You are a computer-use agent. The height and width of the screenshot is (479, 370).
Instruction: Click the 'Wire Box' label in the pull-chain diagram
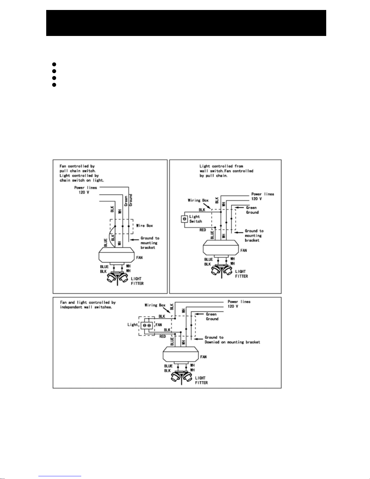[x=144, y=226]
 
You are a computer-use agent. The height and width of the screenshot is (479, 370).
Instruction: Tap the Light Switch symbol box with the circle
[x=185, y=219]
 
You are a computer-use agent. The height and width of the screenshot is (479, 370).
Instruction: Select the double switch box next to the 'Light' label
[x=147, y=325]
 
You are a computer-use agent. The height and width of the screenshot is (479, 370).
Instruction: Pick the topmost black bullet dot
[x=54, y=64]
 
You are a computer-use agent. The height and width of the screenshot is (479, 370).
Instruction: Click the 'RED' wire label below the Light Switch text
[x=203, y=230]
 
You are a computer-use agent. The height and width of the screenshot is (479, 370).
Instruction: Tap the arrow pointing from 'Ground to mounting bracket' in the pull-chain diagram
[x=135, y=240]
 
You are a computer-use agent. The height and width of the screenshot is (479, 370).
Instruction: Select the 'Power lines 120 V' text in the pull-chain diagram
[x=85, y=190]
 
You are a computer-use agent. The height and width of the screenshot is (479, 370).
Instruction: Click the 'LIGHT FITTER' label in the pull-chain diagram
[x=137, y=281]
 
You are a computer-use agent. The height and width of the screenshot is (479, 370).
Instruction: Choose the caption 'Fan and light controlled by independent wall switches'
[x=88, y=305]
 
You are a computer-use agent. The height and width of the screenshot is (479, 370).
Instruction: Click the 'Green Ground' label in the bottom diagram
[x=212, y=316]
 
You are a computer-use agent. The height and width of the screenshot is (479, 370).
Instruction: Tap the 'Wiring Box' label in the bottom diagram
[x=155, y=305]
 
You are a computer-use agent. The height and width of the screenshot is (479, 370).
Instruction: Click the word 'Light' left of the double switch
[x=132, y=325]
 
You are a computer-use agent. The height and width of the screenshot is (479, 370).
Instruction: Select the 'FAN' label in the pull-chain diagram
[x=139, y=257]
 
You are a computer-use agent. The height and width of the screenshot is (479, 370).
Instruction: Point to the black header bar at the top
[x=186, y=23]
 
